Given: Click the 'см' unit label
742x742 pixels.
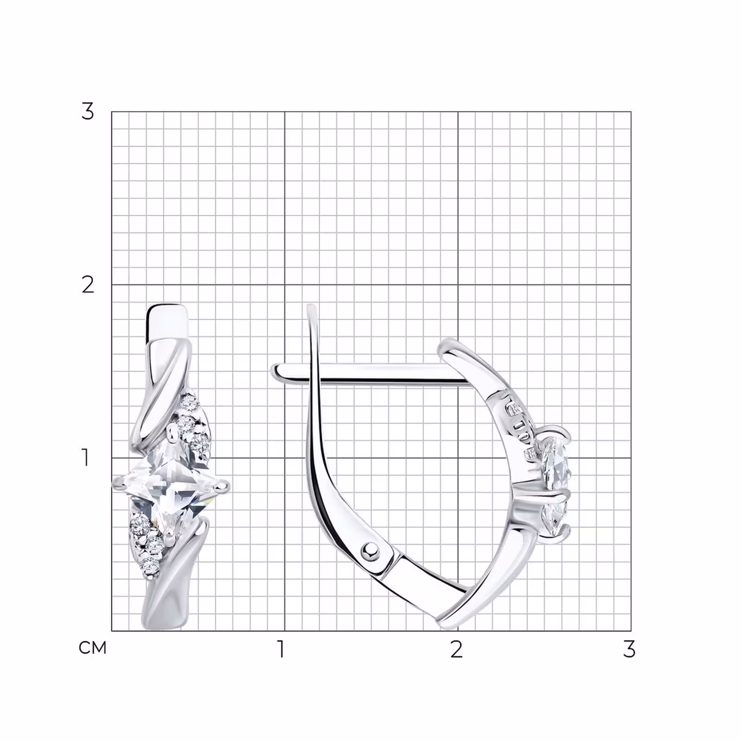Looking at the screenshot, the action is coord(93,647).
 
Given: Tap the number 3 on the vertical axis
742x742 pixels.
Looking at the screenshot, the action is coord(87,111).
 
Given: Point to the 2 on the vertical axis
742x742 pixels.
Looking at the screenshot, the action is coord(88,284).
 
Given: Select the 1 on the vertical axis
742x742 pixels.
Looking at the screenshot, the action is coord(85,457).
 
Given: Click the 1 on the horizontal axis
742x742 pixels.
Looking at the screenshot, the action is coord(281,649).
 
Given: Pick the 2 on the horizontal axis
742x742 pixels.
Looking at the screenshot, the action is coord(457,649).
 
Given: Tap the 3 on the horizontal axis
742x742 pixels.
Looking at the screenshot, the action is coord(629,649).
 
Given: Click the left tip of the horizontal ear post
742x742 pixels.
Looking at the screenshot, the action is coord(274,371).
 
